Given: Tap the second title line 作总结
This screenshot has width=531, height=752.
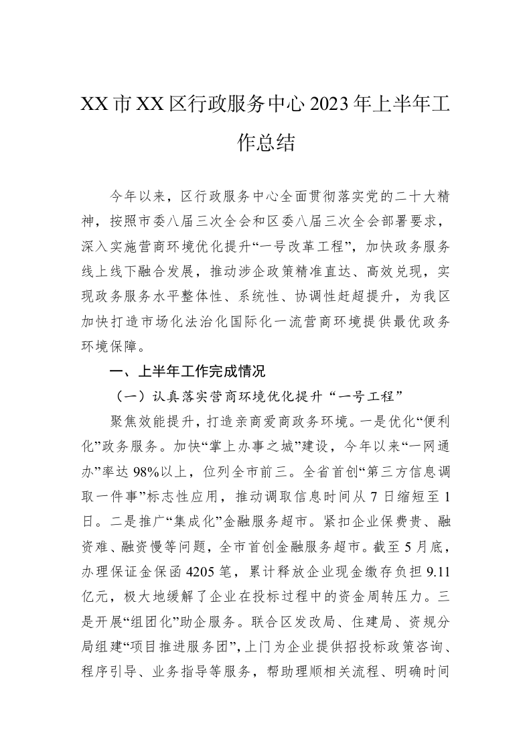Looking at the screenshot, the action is pyautogui.click(x=266, y=142).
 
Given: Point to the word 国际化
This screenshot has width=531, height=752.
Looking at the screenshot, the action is pyautogui.click(x=291, y=321).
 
